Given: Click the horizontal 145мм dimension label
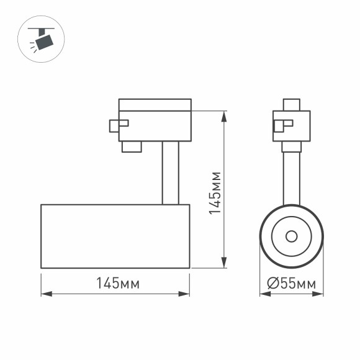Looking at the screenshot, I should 116,284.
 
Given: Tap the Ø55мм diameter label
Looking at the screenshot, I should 291,284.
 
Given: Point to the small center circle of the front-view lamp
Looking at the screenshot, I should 291,236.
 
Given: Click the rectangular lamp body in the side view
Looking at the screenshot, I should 115,236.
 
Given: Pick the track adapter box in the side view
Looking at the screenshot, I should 155,119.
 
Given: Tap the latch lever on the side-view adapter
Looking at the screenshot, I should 118,124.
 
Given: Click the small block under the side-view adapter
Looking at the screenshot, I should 131,146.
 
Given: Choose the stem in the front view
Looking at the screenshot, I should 291,177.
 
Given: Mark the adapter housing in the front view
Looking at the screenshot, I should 291,126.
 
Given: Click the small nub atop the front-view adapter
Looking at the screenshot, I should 291,104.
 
